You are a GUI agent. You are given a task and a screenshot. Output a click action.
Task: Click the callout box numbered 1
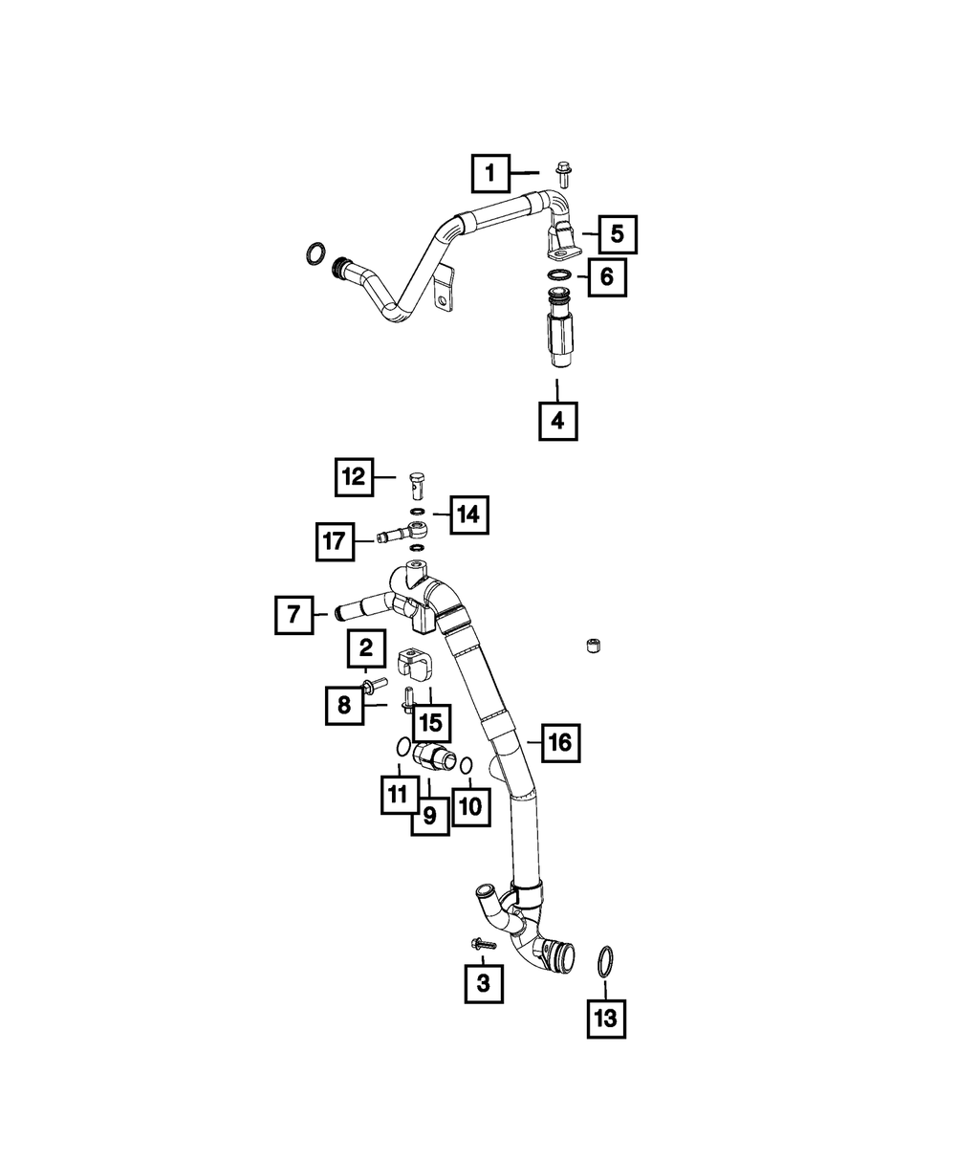coord(490,173)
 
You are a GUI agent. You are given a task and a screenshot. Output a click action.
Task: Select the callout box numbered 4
coord(558,419)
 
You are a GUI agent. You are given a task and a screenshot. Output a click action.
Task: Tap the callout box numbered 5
coord(617,232)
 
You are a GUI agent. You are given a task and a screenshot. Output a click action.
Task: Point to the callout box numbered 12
coord(355,476)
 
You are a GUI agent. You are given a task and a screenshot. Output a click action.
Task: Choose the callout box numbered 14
coord(467,515)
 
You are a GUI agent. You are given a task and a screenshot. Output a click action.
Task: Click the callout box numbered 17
coord(336,542)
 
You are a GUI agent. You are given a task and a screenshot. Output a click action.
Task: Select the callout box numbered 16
coord(560,741)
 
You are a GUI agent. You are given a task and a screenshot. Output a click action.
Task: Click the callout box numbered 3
coord(483,981)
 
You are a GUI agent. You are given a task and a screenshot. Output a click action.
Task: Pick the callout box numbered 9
coord(429,816)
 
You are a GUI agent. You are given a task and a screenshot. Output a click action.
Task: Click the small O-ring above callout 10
coord(467,766)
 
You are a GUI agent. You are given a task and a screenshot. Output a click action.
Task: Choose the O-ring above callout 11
coord(403,747)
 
